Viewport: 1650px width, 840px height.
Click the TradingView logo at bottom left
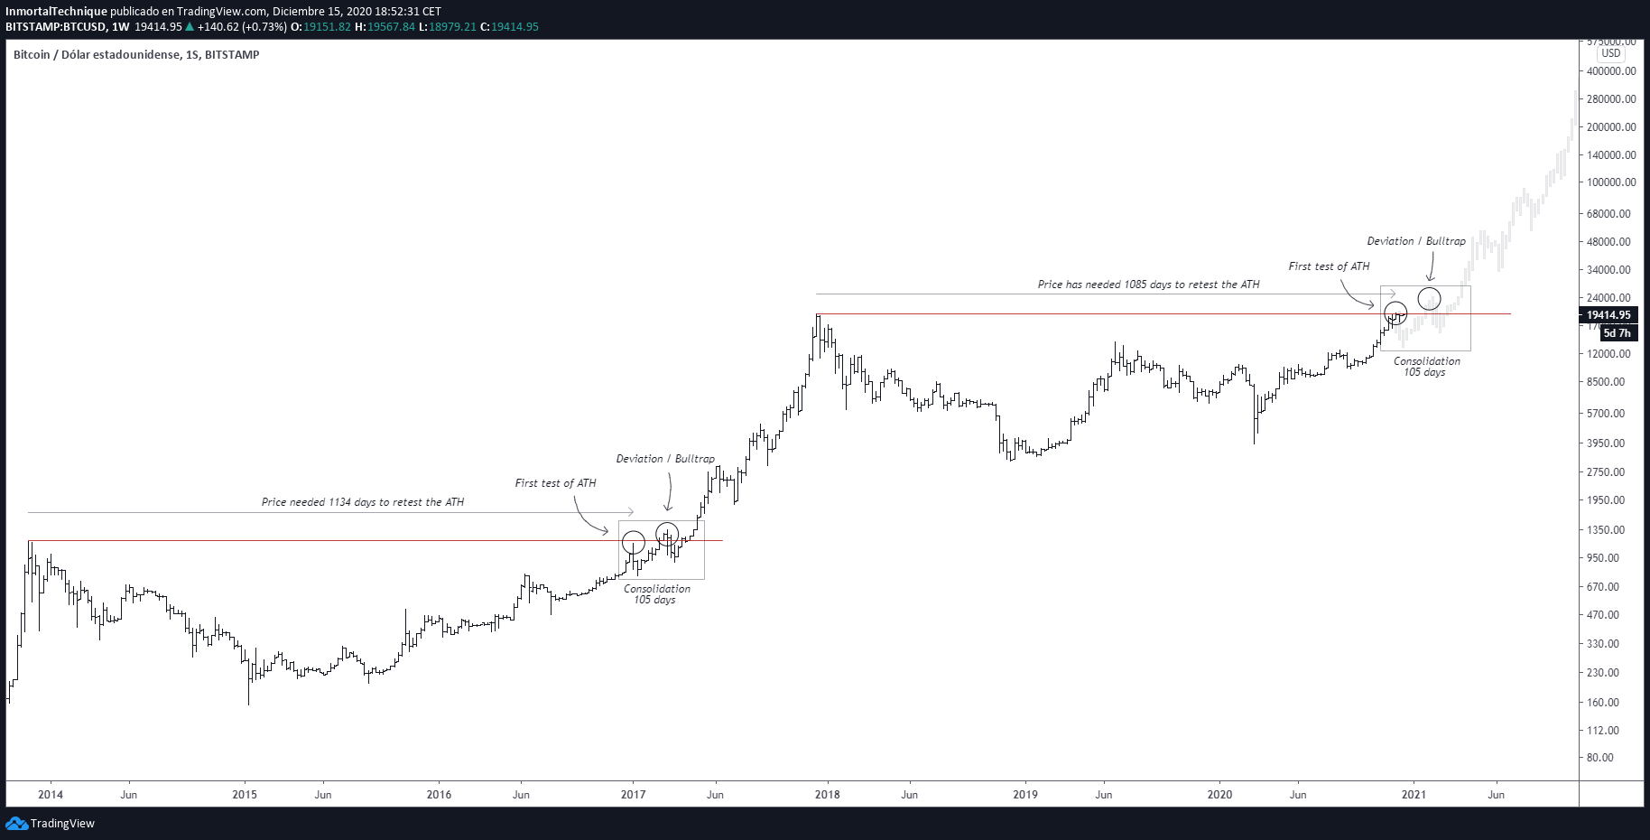(51, 823)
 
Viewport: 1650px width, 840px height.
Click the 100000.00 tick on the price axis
(1610, 182)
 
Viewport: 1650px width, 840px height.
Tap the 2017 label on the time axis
(633, 795)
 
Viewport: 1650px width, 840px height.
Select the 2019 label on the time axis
(1024, 795)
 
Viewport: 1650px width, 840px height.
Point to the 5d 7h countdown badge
(1616, 333)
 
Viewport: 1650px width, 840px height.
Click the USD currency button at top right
(1611, 53)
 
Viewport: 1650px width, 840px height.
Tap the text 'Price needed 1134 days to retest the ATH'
(363, 502)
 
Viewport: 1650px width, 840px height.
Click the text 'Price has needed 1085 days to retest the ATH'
(1148, 285)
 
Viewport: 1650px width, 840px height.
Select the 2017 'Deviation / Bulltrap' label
(665, 459)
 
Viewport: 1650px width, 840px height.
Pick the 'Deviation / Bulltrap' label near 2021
(1416, 241)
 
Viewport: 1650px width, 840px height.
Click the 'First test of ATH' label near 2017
(555, 483)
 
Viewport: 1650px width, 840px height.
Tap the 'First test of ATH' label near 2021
(1329, 266)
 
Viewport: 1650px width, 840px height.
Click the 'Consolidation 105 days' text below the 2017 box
(656, 594)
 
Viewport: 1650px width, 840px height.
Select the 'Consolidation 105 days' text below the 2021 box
(1426, 367)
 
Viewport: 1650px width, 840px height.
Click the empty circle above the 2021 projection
(1429, 298)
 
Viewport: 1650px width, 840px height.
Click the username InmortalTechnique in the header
(57, 12)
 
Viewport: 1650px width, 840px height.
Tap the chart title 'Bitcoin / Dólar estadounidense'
(95, 55)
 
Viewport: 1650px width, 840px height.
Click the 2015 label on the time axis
(245, 795)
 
